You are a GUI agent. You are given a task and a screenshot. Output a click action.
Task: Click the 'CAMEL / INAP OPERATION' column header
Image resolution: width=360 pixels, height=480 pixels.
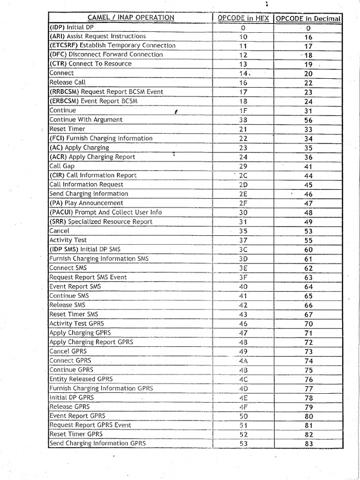pos(131,18)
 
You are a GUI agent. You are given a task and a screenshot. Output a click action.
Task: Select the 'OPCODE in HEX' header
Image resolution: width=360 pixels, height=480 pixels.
pos(243,18)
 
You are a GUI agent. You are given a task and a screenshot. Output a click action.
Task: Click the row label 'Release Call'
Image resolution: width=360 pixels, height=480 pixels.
pos(67,82)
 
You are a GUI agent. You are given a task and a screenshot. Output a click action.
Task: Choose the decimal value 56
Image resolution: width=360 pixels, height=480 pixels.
pos(308,120)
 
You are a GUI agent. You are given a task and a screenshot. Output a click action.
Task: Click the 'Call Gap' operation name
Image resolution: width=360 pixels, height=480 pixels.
pos(62,166)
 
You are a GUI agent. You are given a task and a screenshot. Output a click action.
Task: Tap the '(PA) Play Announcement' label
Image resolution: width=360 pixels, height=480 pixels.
pos(86,203)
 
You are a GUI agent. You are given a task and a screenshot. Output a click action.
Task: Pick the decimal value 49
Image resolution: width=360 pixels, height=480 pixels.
pos(308,222)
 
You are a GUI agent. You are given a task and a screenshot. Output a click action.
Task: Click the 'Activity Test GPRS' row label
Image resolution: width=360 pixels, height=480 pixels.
pos(77,323)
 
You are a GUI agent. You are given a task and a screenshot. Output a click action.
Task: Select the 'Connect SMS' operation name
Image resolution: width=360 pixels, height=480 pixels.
pos(68,268)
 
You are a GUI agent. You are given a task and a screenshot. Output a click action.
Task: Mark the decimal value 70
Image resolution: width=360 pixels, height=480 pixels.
pos(308,324)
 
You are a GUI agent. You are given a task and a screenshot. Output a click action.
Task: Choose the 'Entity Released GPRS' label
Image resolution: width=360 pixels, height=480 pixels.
pos(81,379)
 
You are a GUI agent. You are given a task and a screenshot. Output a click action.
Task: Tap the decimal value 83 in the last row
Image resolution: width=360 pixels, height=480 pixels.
pos(308,444)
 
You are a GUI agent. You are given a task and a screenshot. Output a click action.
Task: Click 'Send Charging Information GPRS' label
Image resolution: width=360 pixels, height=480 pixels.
pos(97,443)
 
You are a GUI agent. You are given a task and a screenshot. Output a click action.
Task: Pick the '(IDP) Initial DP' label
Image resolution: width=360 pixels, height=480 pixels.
pos(72,27)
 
